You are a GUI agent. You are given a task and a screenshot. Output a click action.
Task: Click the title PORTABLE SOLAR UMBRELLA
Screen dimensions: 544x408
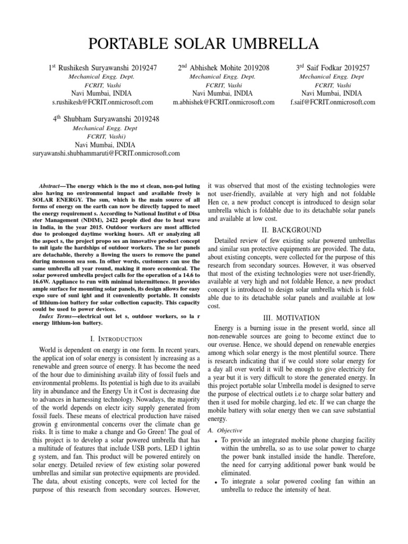(204, 43)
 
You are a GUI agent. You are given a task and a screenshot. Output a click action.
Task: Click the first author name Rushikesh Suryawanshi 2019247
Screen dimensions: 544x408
(103, 68)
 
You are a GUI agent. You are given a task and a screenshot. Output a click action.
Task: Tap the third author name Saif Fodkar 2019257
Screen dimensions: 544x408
(333, 68)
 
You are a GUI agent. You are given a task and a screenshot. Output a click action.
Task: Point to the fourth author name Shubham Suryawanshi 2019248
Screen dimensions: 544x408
(106, 119)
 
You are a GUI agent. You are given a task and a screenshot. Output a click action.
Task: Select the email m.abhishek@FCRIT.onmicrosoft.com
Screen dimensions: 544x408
(224, 101)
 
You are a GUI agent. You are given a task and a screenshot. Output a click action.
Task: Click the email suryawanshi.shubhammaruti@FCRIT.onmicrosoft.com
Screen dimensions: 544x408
(105, 153)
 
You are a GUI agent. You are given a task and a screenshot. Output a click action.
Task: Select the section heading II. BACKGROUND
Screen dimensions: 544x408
(292, 230)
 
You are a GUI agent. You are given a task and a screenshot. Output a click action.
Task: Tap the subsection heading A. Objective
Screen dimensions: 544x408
(224, 430)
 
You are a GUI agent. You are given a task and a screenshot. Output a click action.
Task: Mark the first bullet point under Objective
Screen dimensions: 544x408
(215, 441)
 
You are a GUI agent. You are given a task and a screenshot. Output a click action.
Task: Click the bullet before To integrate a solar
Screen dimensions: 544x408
(215, 482)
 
